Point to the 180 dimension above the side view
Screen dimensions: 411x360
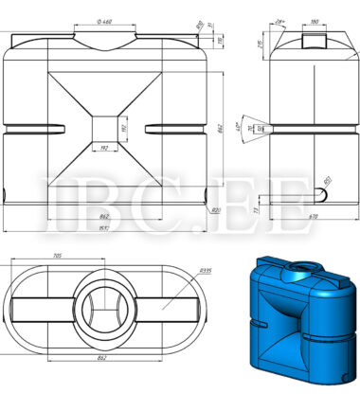pos(314,19)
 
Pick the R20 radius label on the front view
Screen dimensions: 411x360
pos(217,210)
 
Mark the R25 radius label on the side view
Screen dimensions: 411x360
pos(327,178)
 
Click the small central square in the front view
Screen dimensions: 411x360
pos(106,127)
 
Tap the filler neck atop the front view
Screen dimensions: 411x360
pos(106,37)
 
